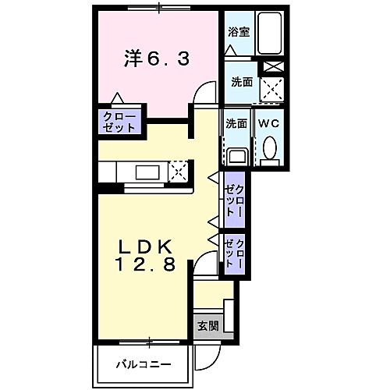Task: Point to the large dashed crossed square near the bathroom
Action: coord(271,90)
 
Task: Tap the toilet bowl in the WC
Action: coord(270,147)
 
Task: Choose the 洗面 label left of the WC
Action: coord(236,123)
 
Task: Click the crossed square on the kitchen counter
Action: coord(179,171)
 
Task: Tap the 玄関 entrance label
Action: coord(207,325)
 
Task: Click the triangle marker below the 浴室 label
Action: coord(230,48)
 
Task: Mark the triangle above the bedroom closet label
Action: coord(118,99)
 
